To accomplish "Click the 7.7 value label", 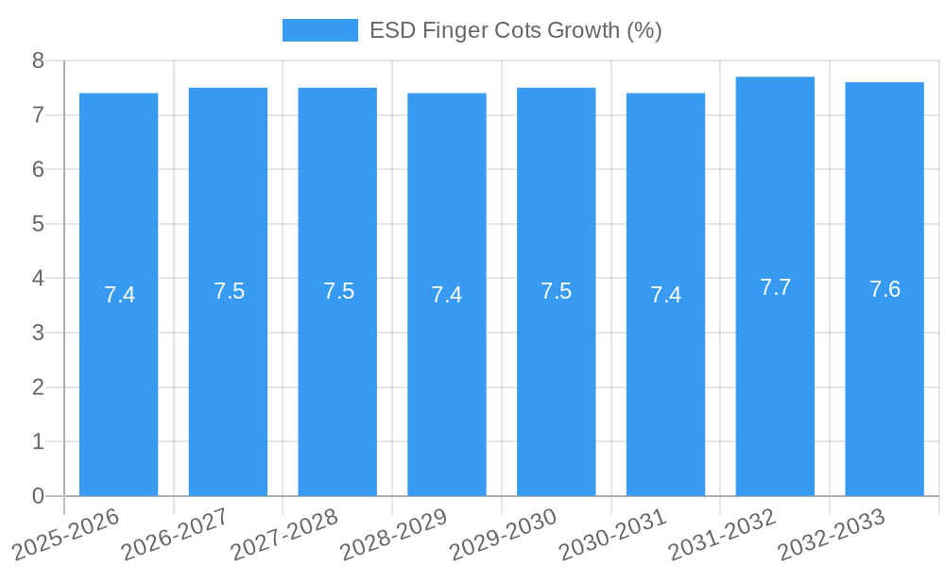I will click(775, 288).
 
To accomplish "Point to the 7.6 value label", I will click(885, 290).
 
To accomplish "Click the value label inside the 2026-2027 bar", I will click(229, 291).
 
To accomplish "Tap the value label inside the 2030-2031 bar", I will click(665, 295).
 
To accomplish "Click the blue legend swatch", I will click(319, 30).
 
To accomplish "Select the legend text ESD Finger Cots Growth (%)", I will click(515, 30).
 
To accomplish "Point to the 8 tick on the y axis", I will click(38, 60).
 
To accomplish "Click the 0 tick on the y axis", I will click(38, 496).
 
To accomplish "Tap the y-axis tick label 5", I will click(38, 224).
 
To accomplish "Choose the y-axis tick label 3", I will click(38, 333).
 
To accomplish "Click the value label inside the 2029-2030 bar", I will click(557, 291).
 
